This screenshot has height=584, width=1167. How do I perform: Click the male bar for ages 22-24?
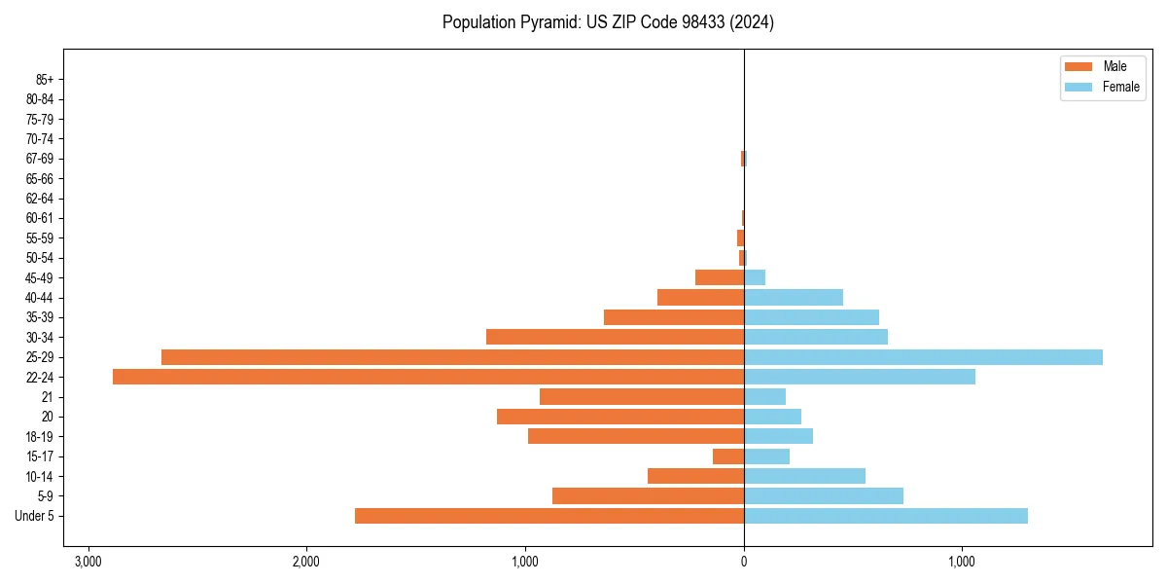pos(428,377)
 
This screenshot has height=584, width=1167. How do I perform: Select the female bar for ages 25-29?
pos(923,357)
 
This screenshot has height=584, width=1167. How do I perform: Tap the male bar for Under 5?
pos(549,516)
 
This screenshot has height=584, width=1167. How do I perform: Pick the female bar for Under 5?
pos(886,516)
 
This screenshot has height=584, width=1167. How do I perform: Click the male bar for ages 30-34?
pos(615,337)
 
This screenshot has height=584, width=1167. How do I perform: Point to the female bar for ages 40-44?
pos(794,297)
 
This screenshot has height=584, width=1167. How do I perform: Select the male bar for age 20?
pos(620,417)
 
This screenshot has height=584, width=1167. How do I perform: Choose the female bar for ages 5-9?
pos(824,496)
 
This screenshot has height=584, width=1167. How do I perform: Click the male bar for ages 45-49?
pos(720,277)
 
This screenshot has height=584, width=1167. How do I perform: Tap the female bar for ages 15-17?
pos(766,456)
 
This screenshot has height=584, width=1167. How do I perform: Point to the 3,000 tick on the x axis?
pos(88,562)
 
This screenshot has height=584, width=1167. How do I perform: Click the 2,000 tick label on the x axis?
pos(306,562)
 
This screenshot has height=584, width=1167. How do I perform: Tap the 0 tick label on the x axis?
pos(744,562)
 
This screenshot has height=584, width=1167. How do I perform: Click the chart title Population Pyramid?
pos(608,22)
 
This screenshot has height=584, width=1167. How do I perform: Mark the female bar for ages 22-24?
pos(860,377)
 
